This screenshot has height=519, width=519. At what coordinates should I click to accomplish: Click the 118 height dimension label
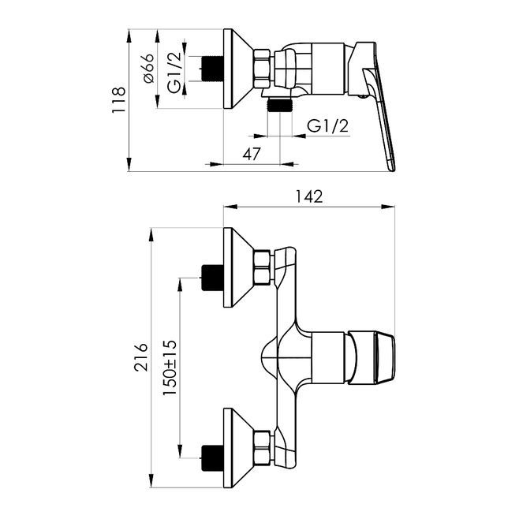click(118, 100)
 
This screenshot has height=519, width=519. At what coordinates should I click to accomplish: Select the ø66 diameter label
click(147, 68)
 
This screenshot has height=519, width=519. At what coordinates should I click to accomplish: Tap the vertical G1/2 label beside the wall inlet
click(174, 73)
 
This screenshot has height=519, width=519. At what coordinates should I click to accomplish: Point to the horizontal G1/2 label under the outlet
click(327, 125)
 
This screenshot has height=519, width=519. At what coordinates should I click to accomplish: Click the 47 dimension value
click(252, 154)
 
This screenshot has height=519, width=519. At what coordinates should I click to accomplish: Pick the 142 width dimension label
click(308, 196)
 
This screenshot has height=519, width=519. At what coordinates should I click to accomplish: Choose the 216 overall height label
click(140, 357)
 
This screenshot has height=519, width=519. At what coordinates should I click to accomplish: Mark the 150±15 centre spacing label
click(170, 368)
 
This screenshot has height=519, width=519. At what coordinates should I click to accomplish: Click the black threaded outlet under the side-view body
click(280, 105)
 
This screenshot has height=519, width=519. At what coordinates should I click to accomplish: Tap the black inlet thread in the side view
click(212, 69)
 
